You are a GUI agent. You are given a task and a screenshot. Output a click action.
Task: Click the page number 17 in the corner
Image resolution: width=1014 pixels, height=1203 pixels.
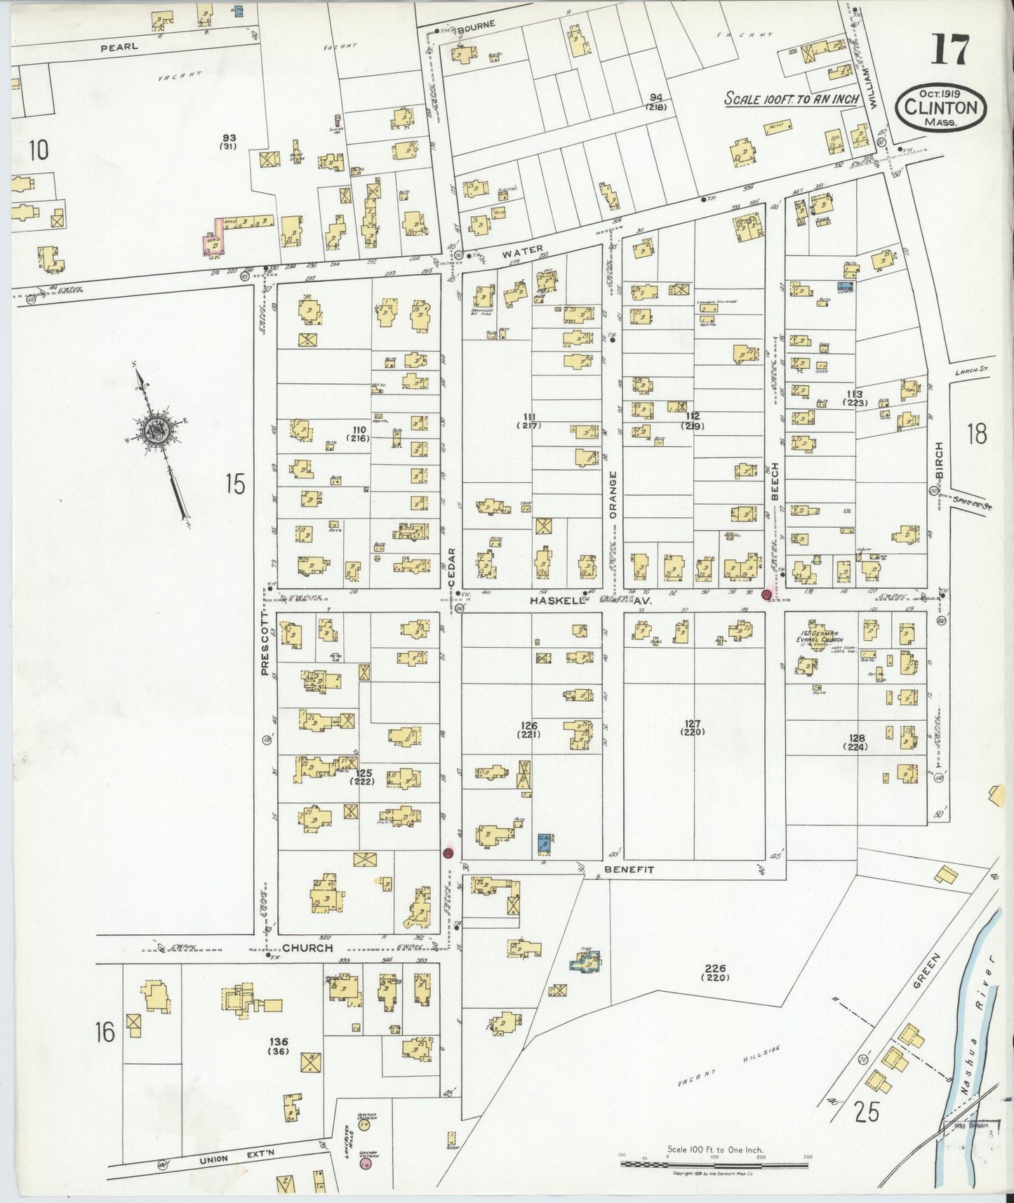(x=950, y=51)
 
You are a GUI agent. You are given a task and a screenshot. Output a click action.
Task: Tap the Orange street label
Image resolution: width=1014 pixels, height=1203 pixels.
(x=613, y=494)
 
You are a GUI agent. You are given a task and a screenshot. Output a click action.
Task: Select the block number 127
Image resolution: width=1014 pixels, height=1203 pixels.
(x=693, y=724)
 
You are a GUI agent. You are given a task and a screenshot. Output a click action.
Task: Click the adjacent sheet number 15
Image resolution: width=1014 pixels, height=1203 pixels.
(x=235, y=484)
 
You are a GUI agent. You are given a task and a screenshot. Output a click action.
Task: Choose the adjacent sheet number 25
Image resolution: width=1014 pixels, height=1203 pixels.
(x=867, y=1112)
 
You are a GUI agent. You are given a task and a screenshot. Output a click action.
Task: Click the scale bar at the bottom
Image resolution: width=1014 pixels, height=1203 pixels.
(x=714, y=1164)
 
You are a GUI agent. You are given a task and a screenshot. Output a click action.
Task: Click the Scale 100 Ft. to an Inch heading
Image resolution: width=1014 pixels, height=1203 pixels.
(x=792, y=99)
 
